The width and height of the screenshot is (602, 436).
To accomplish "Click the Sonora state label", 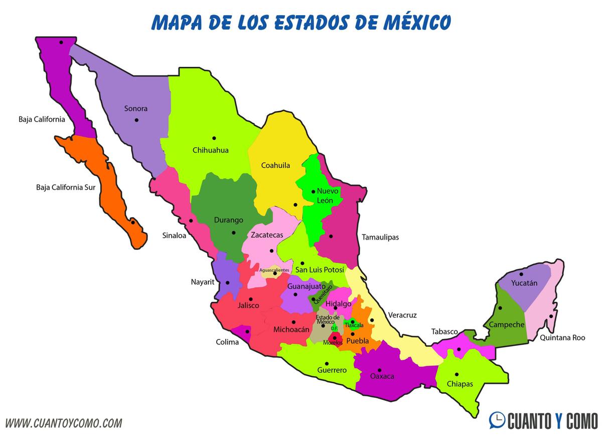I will point(136,108).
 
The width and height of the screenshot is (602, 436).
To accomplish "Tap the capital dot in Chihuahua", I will point(214,138).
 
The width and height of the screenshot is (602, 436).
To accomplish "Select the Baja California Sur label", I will point(66,188).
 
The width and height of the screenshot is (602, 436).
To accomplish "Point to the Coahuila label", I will point(275,165).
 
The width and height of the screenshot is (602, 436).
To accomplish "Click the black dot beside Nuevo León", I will point(313,191).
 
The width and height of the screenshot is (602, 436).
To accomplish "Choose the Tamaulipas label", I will point(380,237).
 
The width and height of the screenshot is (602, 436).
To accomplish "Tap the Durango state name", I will point(228,220).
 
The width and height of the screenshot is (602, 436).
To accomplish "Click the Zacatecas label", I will point(267,235).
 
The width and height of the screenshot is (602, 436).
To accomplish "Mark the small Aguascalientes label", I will point(274,270).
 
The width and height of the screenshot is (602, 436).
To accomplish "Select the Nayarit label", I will point(203,282).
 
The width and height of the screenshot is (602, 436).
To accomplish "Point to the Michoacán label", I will point(291,330).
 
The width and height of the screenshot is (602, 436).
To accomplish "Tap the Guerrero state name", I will point(332,370).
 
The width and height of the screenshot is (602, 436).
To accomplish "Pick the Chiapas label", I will point(460,384).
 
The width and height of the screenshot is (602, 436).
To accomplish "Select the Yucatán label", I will point(524,283).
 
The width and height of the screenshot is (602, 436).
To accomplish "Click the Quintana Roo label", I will point(562,338).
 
